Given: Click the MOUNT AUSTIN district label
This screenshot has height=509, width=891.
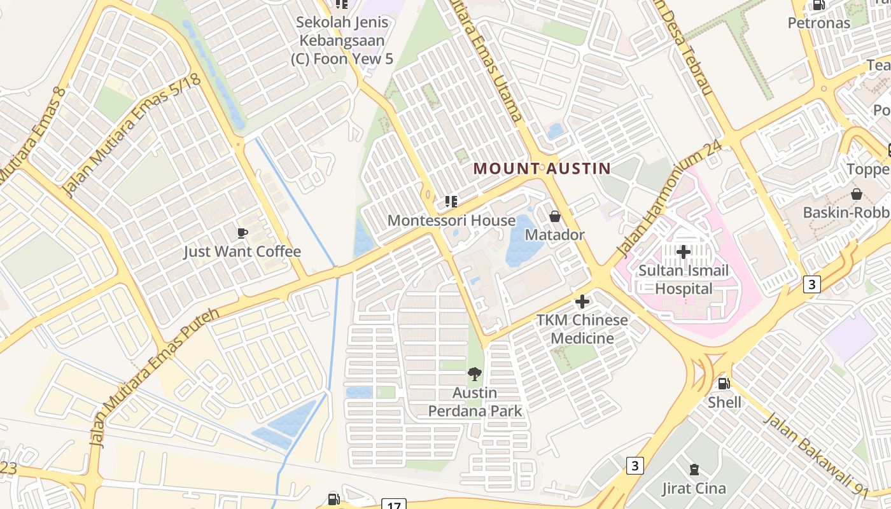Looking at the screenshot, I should coord(542,169).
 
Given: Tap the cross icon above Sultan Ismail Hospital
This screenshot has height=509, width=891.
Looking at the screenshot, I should coord(684,252).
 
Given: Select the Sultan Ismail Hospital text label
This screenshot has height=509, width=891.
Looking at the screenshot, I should coord(684,279).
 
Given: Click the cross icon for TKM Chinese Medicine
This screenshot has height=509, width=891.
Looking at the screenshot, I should coord(582,302).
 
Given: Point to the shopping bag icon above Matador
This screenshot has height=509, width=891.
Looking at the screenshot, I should coord(554,216).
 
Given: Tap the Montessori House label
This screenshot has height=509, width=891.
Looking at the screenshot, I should coord(451,221).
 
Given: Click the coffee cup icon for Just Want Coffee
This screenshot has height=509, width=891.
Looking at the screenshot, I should coord(242,233).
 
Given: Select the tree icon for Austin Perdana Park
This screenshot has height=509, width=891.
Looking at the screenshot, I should coord(474,374).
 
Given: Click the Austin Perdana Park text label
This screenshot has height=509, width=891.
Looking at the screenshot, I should coord(475,401).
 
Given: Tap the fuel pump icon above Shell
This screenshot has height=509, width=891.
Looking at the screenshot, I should coord(724,384).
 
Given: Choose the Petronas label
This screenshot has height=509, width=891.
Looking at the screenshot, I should coord(818,23).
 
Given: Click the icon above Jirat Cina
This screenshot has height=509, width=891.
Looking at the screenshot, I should coord(694,470).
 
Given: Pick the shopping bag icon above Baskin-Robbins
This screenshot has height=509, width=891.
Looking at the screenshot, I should coord(857,193).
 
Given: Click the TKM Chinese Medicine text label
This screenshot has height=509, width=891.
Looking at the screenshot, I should coord(582,329).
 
